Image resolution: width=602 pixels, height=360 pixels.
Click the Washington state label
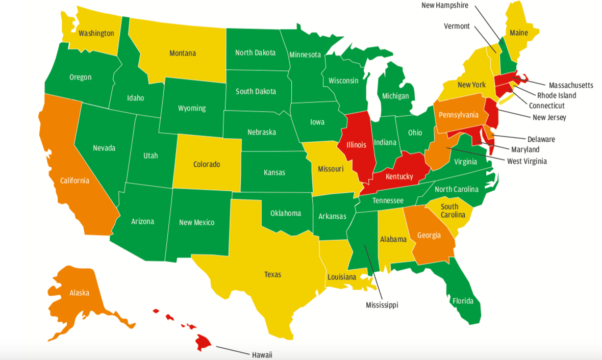pyautogui.click(x=96, y=33)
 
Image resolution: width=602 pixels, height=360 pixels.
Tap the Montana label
pyautogui.click(x=182, y=53)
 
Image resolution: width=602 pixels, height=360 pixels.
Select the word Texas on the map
pyautogui.click(x=272, y=274)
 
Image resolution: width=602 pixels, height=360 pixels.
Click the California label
pyautogui.click(x=74, y=181)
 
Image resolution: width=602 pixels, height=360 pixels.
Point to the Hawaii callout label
pyautogui.click(x=262, y=354)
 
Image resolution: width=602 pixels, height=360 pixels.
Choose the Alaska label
pyautogui.click(x=80, y=293)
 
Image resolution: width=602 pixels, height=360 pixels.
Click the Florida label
pyautogui.click(x=463, y=300)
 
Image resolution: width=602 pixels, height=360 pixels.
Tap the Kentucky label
pyautogui.click(x=399, y=176)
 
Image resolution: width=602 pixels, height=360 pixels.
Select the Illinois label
pyautogui.click(x=356, y=145)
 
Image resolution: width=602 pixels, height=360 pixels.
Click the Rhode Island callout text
pyautogui.click(x=557, y=95)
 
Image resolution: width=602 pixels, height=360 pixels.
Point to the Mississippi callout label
pyautogui.click(x=382, y=305)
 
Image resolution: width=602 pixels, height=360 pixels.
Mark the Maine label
pyautogui.click(x=519, y=33)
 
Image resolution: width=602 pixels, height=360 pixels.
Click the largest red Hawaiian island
pyautogui.click(x=204, y=342)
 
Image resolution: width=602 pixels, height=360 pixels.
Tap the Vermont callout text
pyautogui.click(x=457, y=26)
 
